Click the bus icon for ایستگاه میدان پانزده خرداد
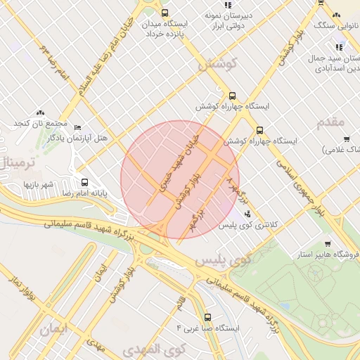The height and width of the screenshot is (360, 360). [x=165, y=13]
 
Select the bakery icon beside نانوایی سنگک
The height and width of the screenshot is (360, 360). [x=336, y=15]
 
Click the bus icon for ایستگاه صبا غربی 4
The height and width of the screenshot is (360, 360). [x=207, y=317]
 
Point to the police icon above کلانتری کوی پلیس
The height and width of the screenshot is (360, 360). [x=246, y=214]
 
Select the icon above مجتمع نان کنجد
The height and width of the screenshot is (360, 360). [x=40, y=112]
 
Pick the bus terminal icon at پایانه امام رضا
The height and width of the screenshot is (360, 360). [x=84, y=181]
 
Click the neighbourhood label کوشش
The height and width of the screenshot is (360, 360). [x=217, y=64]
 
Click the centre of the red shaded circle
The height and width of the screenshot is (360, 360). [x=180, y=179]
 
